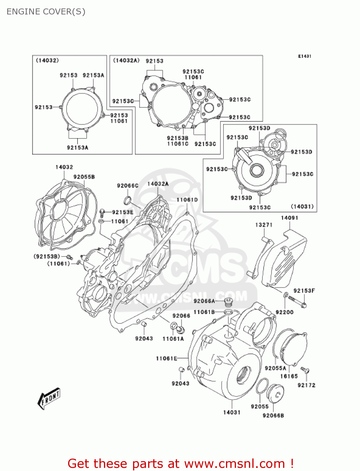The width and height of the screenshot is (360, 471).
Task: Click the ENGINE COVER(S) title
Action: click(x=46, y=12)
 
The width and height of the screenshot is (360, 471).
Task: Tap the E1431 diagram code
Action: click(x=304, y=56)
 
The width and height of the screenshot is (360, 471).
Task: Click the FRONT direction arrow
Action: click(x=49, y=398)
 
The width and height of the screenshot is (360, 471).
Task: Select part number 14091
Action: click(x=289, y=218)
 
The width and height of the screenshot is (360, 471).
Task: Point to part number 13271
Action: click(x=264, y=225)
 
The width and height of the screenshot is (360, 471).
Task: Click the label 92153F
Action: click(x=304, y=291)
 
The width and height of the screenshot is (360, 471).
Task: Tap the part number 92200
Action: click(x=284, y=312)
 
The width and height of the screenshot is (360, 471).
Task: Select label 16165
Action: click(x=289, y=376)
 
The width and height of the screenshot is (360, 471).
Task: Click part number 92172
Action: click(x=306, y=385)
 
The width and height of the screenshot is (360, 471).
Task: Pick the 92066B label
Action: click(x=273, y=415)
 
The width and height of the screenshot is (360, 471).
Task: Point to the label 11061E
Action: click(x=166, y=358)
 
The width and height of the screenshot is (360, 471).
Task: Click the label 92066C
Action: click(x=127, y=186)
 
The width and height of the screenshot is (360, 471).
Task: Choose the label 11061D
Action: click(x=187, y=200)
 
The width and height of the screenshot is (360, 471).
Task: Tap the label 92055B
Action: click(x=84, y=177)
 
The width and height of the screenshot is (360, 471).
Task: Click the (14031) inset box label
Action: click(x=302, y=206)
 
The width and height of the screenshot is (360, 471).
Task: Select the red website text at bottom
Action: click(x=180, y=463)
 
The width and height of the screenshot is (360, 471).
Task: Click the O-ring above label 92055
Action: click(x=262, y=386)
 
